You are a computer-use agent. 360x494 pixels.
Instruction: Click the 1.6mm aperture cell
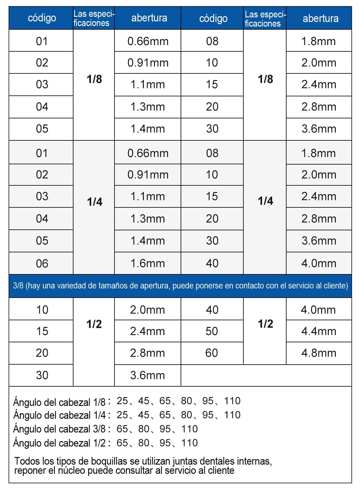point(148,263)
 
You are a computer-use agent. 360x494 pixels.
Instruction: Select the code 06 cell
point(42,263)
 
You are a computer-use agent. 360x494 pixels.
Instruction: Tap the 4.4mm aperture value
point(319,331)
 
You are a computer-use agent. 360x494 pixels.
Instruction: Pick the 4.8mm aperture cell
point(319,353)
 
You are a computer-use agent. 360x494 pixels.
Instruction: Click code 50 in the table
point(212,331)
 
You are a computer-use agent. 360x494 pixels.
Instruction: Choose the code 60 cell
point(212,353)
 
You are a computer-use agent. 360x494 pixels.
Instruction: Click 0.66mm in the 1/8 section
point(148,41)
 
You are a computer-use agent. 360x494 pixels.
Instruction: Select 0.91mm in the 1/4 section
point(148,175)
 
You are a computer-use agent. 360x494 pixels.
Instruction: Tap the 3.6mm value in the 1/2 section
point(148,375)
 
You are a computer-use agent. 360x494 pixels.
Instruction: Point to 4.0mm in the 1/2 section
point(318,310)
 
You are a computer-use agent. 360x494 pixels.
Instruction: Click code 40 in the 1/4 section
point(212,263)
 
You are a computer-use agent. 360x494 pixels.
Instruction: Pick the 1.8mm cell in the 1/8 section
point(319,41)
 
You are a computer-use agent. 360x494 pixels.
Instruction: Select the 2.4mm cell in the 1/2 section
point(148,331)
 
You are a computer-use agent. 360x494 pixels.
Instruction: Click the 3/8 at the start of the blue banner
point(18,286)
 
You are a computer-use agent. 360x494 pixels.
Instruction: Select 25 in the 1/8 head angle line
point(122,401)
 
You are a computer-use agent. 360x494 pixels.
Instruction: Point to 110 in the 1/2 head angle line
point(189,443)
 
